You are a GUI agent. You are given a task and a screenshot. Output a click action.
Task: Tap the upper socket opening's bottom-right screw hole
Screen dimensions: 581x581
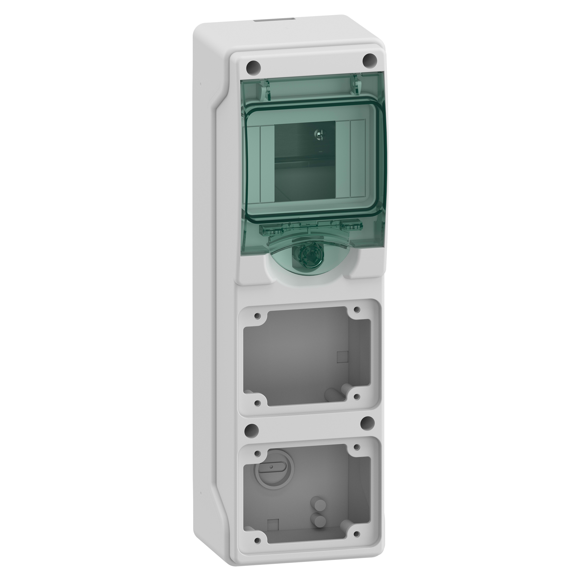[357, 397]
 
